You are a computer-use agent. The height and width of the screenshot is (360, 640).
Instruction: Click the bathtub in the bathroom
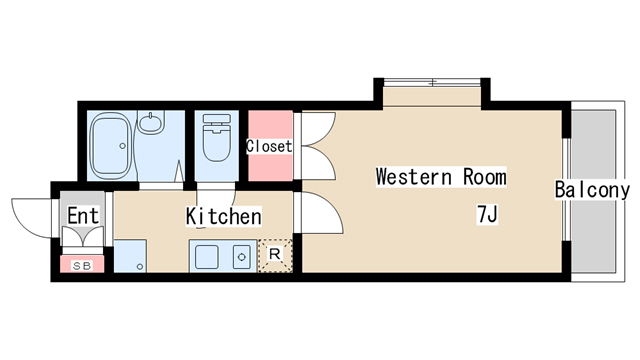(112, 146)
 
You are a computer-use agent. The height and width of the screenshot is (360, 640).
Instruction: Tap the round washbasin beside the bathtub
(152, 124)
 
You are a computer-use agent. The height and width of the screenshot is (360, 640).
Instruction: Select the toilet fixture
(215, 140)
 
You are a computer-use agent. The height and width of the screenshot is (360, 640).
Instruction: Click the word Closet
(269, 146)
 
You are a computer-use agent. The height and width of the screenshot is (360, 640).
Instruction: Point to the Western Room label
(440, 177)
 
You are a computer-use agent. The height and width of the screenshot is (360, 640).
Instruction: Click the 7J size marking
(487, 213)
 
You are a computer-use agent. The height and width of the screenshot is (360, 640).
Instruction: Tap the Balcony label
(593, 190)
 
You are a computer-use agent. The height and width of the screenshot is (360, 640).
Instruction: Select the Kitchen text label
(223, 216)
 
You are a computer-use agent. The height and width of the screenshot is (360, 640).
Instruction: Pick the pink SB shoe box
(80, 265)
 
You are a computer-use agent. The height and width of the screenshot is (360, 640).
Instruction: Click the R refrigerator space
(275, 256)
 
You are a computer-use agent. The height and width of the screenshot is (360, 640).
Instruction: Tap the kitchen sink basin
(209, 257)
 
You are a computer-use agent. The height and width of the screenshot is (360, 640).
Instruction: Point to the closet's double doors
(316, 146)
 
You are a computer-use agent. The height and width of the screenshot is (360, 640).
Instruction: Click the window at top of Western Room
(431, 81)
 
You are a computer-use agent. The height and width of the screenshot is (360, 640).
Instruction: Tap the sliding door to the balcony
(567, 190)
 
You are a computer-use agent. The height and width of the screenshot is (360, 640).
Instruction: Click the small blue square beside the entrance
(129, 256)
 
